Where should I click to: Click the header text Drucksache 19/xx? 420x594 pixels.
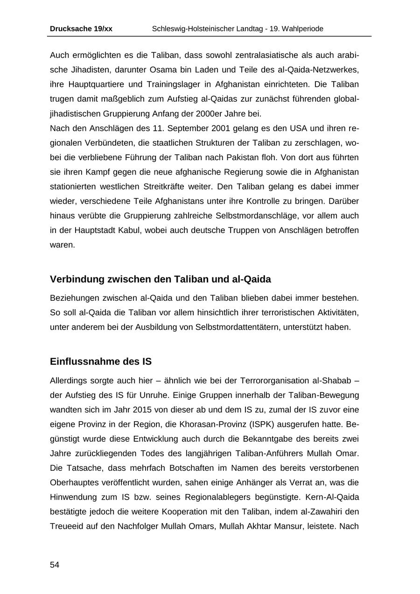[x=81, y=29]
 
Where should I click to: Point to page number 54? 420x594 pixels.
[x=55, y=565]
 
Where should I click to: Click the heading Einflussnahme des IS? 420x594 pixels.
[x=100, y=361]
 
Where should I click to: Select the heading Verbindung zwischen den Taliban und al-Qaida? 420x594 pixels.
[x=160, y=279]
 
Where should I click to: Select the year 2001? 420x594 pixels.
[x=221, y=128]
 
